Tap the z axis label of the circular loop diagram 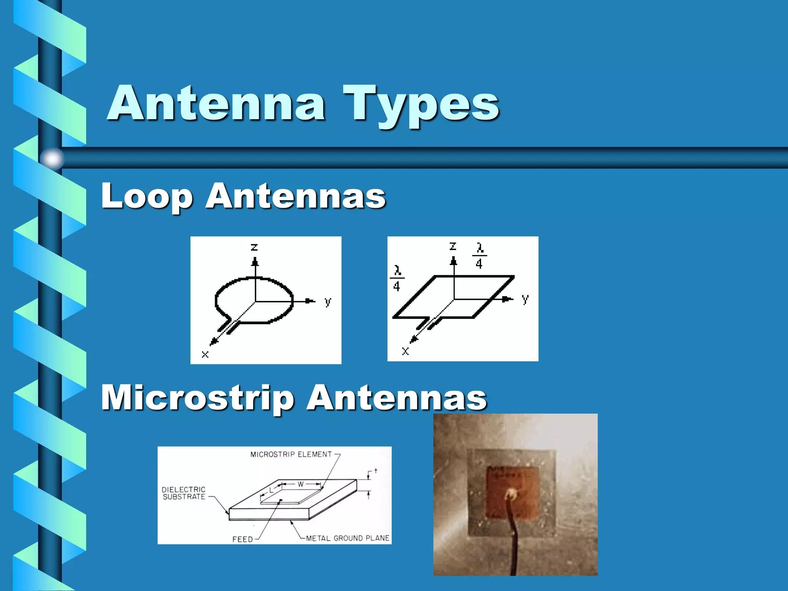(254, 247)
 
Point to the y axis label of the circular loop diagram (327, 301)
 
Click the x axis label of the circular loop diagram (205, 354)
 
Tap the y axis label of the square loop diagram (525, 299)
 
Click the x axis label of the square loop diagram (405, 351)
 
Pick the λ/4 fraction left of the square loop (397, 278)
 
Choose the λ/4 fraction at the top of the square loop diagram (479, 255)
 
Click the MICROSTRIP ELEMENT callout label (291, 454)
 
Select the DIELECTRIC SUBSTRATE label (184, 493)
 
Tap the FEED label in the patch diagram (242, 539)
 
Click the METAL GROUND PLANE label (347, 538)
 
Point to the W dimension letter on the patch (301, 484)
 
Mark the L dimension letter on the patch (271, 491)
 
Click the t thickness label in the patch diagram (376, 471)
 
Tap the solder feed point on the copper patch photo (511, 493)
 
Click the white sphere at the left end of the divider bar (52, 158)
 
